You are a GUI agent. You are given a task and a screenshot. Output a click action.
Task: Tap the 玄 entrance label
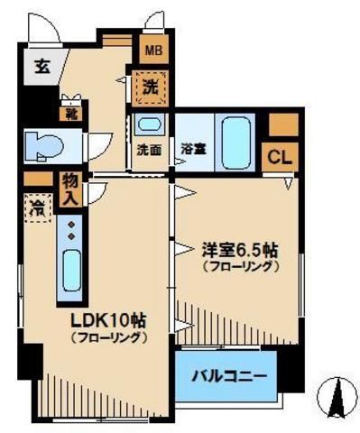tap(42, 65)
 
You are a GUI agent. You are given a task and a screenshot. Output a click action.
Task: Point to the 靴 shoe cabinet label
tap(69, 114)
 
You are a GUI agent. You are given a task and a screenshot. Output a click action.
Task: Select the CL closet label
tap(280, 156)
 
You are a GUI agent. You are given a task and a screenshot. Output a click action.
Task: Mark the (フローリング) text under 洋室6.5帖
tap(238, 266)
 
